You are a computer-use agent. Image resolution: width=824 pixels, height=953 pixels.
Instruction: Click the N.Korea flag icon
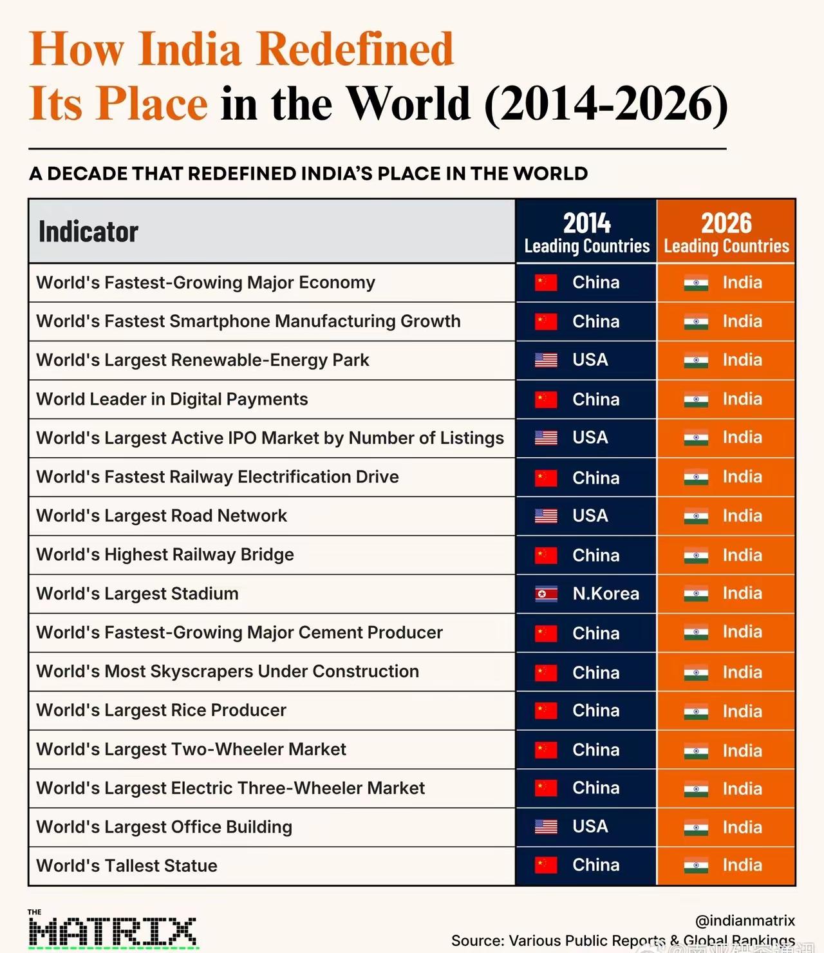tap(546, 594)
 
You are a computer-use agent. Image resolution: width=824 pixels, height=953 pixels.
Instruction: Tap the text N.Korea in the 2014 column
tap(606, 594)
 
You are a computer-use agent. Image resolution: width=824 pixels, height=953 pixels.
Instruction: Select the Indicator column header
tap(88, 231)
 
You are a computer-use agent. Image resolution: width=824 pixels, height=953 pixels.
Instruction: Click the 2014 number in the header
tap(586, 223)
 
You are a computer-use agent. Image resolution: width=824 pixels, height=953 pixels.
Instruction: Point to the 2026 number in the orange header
tap(726, 223)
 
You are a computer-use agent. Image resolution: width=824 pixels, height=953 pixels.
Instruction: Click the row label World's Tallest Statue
tap(127, 865)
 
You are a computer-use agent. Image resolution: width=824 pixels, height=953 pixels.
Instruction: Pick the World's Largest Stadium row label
tap(137, 594)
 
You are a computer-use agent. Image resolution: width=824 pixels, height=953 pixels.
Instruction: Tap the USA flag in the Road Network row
tap(546, 516)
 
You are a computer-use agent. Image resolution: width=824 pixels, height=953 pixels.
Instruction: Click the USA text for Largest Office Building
tap(590, 826)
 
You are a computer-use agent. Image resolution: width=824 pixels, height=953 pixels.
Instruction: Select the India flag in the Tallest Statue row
tap(696, 866)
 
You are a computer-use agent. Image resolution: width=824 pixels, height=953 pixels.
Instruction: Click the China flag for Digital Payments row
tap(546, 400)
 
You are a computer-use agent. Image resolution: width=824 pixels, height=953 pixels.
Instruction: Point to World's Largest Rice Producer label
tap(162, 710)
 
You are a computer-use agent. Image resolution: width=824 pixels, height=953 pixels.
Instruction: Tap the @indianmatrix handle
tap(745, 920)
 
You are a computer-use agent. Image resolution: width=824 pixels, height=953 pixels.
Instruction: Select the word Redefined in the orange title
tap(355, 49)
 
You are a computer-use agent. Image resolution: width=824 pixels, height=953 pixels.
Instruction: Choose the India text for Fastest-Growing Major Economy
tap(742, 282)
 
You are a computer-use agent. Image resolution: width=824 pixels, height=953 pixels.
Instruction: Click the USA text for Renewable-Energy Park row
tap(590, 359)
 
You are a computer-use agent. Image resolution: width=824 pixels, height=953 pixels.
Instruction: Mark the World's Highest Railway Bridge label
tap(165, 554)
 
